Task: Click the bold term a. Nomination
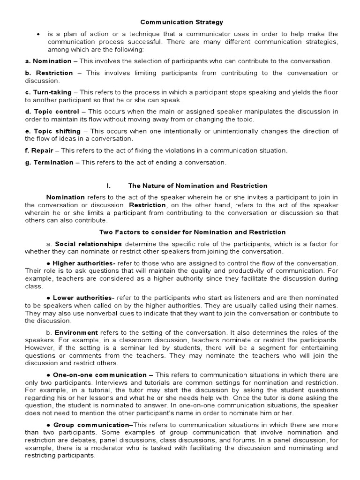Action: [48, 61]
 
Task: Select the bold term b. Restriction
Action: [49, 73]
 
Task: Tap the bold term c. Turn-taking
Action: [49, 92]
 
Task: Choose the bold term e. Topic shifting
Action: [53, 131]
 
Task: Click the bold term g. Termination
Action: [49, 162]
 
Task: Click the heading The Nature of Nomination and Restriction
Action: [198, 186]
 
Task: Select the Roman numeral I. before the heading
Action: [108, 186]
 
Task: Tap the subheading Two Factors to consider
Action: [192, 232]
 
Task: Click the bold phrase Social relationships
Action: [89, 244]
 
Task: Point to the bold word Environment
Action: [76, 333]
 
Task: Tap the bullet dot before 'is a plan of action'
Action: [37, 35]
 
